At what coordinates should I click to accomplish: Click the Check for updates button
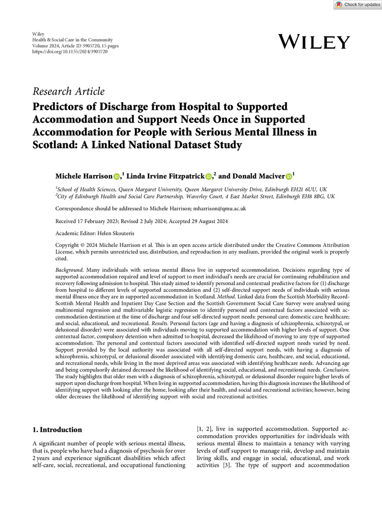(358, 5)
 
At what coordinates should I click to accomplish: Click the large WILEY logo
(314, 42)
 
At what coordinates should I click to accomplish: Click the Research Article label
(68, 92)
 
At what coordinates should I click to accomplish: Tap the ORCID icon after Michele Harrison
(117, 176)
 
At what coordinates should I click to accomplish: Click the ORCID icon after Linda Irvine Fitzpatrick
(209, 176)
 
